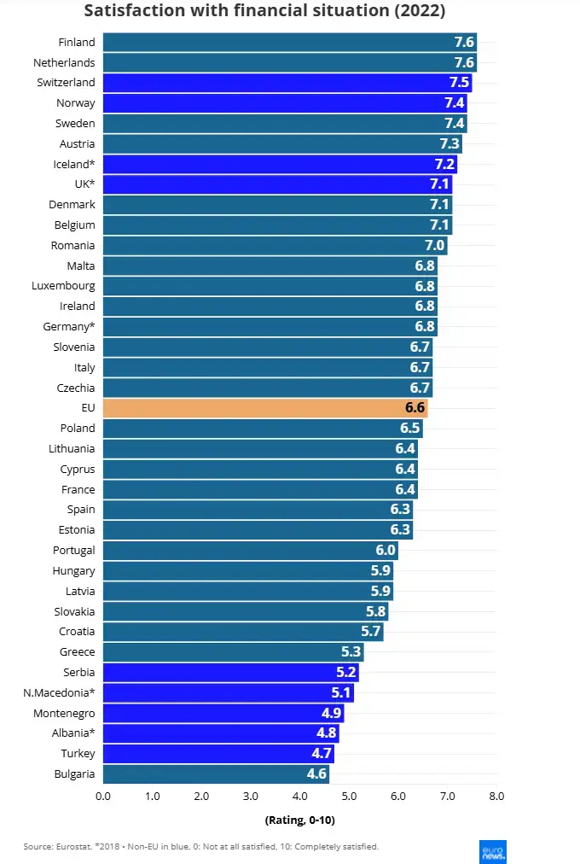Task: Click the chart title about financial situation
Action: click(x=264, y=11)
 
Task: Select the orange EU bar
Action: click(x=264, y=408)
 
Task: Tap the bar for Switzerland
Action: click(x=287, y=83)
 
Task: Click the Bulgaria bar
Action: click(x=216, y=774)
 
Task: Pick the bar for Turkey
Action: click(x=218, y=754)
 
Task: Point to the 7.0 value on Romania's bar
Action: click(x=435, y=246)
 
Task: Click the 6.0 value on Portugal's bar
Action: click(x=386, y=551)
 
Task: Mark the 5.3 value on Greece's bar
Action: click(x=351, y=652)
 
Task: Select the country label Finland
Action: click(x=77, y=43)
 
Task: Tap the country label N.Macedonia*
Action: click(x=59, y=692)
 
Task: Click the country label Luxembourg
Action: click(x=63, y=286)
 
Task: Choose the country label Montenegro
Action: click(x=64, y=713)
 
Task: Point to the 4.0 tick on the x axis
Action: click(x=300, y=797)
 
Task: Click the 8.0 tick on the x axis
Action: click(x=496, y=797)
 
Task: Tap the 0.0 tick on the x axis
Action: click(x=103, y=797)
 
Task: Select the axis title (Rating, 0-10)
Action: click(x=300, y=820)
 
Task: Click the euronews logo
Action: click(x=493, y=851)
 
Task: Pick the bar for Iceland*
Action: click(x=280, y=165)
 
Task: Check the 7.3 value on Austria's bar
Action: click(x=449, y=144)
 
